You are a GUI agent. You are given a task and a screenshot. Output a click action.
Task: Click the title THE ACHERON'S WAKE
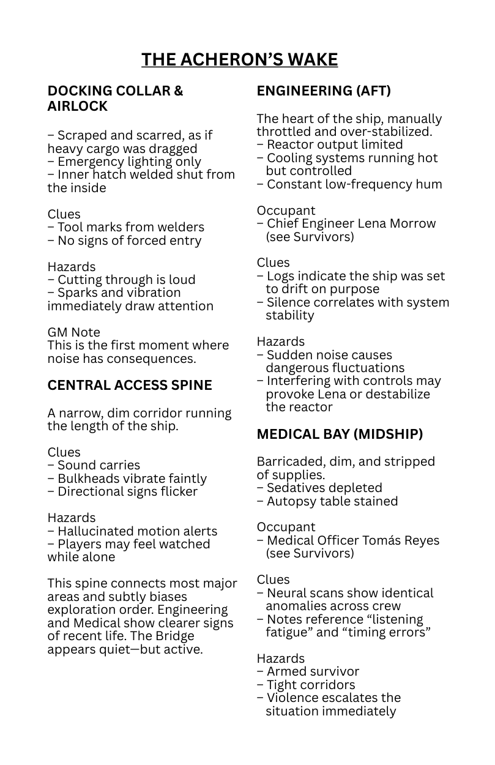pos(239,59)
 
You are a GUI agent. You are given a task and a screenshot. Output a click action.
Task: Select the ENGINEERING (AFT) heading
pos(324,91)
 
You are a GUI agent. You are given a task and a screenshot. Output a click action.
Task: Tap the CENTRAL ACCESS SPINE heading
pos(130,386)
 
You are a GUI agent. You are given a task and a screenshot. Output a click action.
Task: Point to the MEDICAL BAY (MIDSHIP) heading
pos(340,435)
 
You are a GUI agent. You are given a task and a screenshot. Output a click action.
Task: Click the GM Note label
pos(73,332)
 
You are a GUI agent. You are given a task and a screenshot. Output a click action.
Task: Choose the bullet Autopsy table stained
pos(327,501)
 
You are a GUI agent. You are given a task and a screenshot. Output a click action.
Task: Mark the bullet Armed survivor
pos(308,671)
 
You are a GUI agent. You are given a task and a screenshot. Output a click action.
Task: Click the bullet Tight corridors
pos(306,685)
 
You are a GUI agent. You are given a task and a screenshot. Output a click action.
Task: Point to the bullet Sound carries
pos(94,465)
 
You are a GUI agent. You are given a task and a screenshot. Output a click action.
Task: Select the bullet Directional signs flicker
pos(122,491)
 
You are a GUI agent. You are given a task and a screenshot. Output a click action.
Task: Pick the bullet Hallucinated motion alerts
pos(132,531)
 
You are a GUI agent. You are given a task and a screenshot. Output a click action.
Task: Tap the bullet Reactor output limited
pos(330,144)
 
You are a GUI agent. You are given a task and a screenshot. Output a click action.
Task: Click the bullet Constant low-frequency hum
pos(349,184)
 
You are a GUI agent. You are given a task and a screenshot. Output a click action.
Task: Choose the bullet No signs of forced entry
pos(124,241)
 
